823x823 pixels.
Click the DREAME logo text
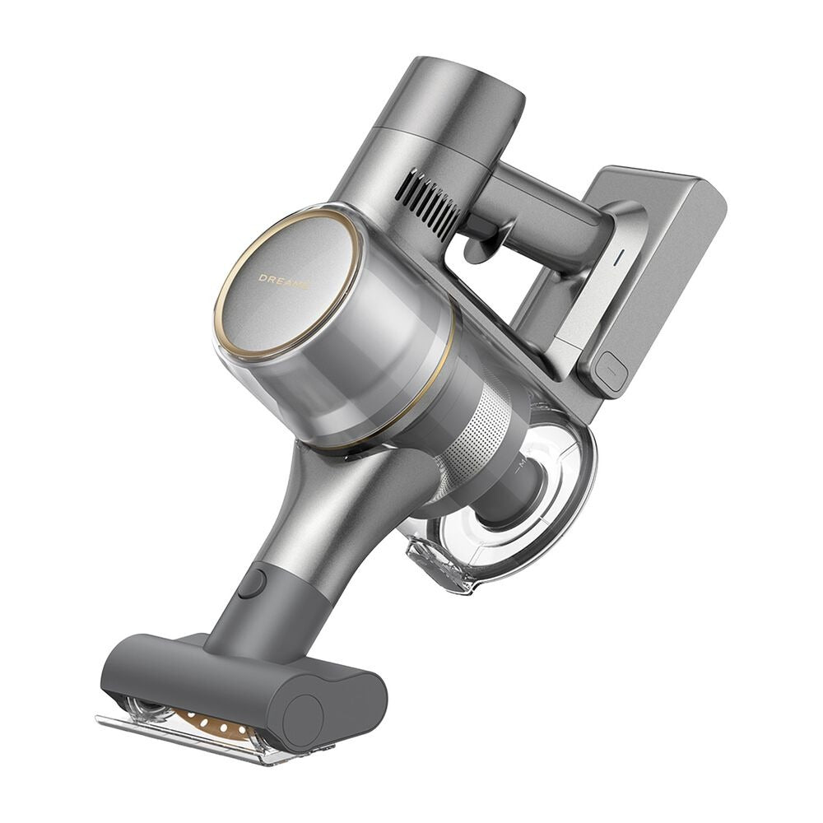[283, 281]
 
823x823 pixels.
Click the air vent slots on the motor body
[428, 202]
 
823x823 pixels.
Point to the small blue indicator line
[619, 257]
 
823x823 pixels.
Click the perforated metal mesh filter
[475, 435]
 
